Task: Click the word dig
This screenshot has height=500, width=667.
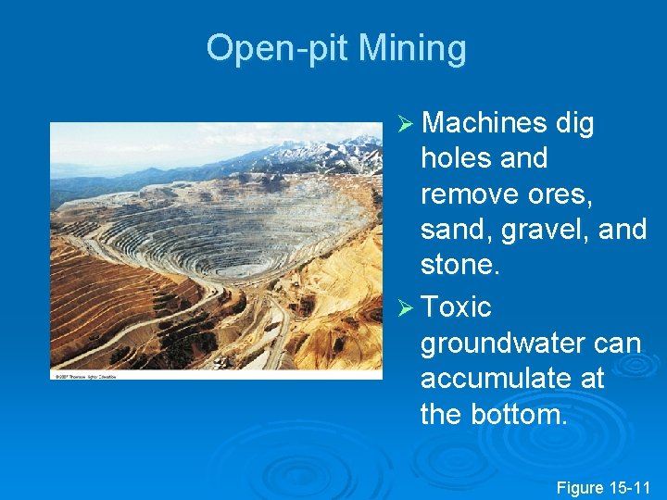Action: click(574, 123)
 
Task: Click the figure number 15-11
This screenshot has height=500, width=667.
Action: click(630, 487)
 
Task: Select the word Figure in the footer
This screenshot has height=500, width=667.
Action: click(579, 487)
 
